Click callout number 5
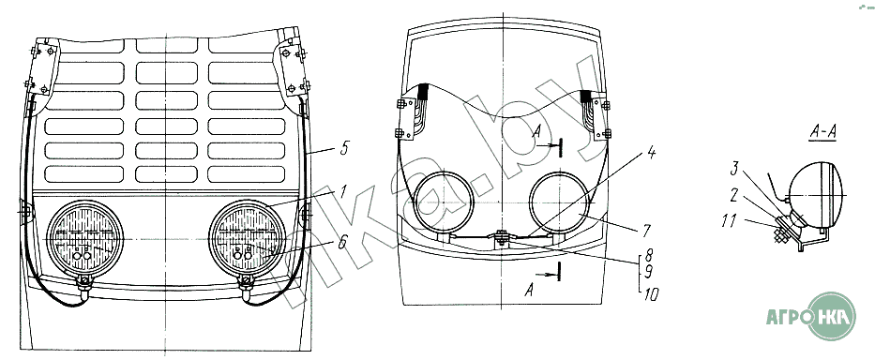[345, 150]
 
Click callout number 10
[651, 294]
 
